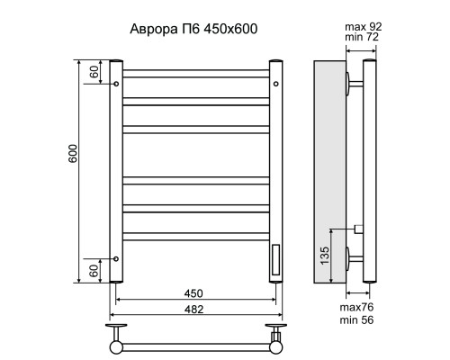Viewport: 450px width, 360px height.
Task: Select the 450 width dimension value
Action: (x=193, y=293)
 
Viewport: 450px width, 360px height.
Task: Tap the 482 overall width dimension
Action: (x=193, y=310)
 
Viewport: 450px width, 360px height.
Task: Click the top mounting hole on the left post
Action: (x=116, y=83)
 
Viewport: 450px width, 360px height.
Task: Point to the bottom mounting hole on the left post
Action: (x=116, y=258)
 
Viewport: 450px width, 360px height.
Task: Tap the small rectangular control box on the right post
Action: (x=275, y=258)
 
